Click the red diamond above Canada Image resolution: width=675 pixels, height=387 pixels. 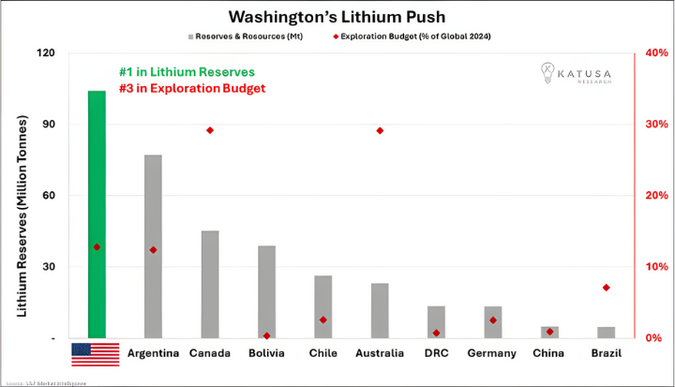[210, 130]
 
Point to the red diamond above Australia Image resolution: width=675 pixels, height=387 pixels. [380, 130]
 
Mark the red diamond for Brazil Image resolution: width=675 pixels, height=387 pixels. [607, 287]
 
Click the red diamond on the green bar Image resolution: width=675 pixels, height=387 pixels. [97, 247]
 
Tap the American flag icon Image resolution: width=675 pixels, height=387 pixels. [96, 354]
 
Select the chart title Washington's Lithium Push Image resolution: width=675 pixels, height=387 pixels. [337, 16]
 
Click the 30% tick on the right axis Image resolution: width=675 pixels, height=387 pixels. [654, 124]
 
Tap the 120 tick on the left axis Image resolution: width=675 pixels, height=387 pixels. [45, 52]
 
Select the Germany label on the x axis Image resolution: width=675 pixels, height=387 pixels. [491, 353]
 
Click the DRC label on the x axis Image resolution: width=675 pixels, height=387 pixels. [436, 353]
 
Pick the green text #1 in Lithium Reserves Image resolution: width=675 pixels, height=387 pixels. [187, 72]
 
